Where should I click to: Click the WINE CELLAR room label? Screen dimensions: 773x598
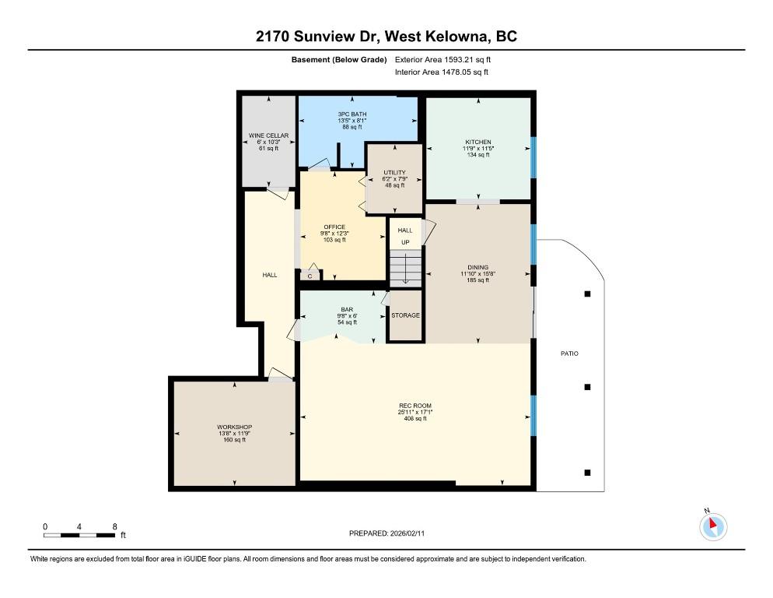pyautogui.click(x=268, y=135)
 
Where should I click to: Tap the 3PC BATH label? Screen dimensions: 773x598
pyautogui.click(x=352, y=114)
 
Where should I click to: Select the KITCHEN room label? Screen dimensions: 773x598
pyautogui.click(x=478, y=142)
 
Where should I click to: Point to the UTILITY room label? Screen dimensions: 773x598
pyautogui.click(x=394, y=172)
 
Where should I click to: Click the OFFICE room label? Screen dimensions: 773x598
pyautogui.click(x=334, y=227)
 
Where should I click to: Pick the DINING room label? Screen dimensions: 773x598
pyautogui.click(x=477, y=267)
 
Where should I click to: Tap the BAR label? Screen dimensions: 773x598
pyautogui.click(x=347, y=310)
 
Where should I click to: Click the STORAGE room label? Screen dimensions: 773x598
pyautogui.click(x=406, y=315)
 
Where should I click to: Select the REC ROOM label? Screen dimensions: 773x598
pyautogui.click(x=415, y=406)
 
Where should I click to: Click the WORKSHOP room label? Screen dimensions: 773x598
pyautogui.click(x=235, y=427)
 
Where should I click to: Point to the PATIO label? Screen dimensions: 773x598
pyautogui.click(x=569, y=354)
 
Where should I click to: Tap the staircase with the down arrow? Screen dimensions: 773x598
pyautogui.click(x=406, y=268)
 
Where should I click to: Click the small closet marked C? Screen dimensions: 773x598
pyautogui.click(x=310, y=276)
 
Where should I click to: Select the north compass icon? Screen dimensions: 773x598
pyautogui.click(x=713, y=526)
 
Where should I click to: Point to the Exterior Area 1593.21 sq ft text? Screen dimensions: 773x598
pyautogui.click(x=442, y=60)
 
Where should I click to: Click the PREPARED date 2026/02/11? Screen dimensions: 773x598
pyautogui.click(x=407, y=533)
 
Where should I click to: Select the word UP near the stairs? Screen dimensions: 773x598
pyautogui.click(x=405, y=242)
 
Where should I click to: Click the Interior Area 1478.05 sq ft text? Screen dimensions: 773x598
pyautogui.click(x=442, y=72)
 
